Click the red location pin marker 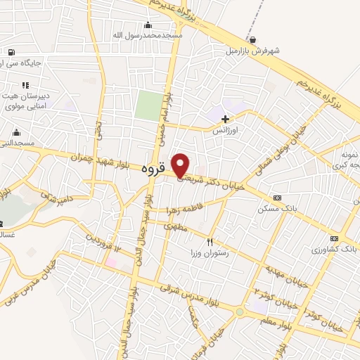[181, 165]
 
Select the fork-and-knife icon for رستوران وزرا [209, 240]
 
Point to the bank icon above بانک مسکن [276, 198]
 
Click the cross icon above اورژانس [225, 119]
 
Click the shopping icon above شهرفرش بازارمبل [252, 39]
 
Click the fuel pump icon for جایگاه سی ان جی [11, 52]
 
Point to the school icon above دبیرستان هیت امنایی [25, 85]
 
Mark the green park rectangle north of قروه [148, 105]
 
